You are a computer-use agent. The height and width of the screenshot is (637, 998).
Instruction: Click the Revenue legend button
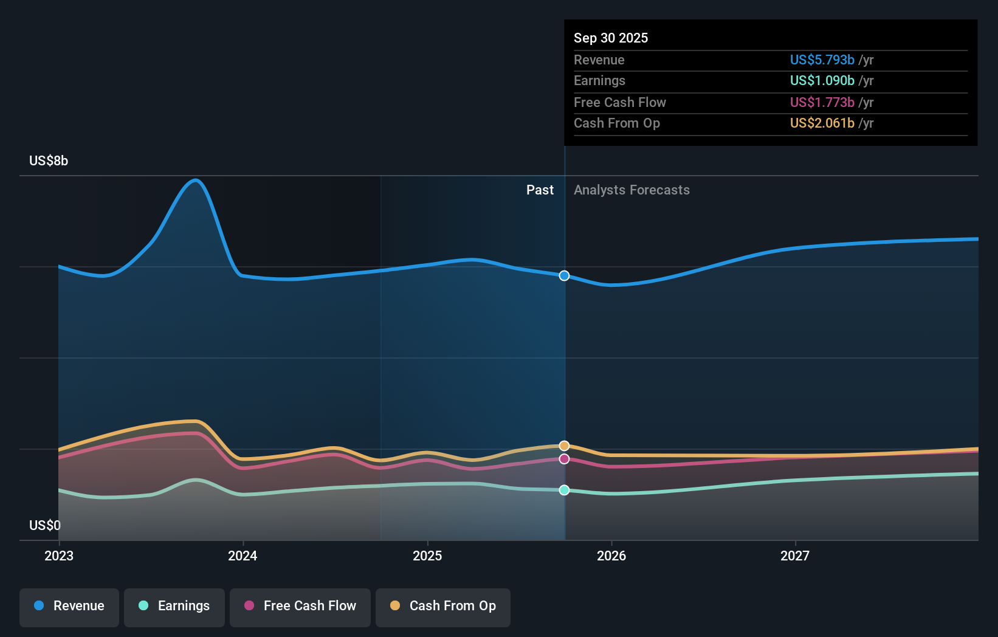pos(69,606)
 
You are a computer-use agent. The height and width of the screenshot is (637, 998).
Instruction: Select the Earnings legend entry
pos(174,606)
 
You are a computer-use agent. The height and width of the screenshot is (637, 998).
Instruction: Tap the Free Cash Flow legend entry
pos(300,606)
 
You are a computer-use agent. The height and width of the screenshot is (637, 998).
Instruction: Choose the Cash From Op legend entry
pos(443,606)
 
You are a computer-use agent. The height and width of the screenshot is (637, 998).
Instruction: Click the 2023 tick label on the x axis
pos(59,556)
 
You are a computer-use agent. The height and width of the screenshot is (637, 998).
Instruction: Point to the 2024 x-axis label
pos(243,556)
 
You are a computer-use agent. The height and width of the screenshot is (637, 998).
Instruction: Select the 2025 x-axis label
pos(427,556)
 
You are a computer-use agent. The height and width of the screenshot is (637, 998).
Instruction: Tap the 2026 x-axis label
pos(611,556)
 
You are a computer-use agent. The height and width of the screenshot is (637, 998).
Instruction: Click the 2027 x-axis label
pos(795,556)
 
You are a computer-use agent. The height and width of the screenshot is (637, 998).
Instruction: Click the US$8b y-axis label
pos(49,160)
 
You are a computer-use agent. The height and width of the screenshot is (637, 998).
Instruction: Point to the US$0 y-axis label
pos(45,525)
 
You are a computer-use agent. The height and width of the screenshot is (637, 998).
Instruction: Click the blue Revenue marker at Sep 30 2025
pos(564,275)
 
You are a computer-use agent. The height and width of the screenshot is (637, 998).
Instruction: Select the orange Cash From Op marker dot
pos(564,446)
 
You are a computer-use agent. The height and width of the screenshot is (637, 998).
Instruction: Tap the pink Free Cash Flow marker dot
pos(564,459)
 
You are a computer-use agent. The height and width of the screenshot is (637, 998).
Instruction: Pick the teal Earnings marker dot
pos(564,490)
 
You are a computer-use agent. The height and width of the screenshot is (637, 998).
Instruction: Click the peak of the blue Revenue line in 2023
pos(195,180)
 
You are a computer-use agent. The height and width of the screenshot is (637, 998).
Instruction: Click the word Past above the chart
pos(540,190)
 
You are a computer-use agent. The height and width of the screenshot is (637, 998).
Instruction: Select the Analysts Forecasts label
pos(631,190)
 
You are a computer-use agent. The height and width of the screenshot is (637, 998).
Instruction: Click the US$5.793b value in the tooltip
pos(822,60)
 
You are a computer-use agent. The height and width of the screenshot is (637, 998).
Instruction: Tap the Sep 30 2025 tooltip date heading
pos(611,38)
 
